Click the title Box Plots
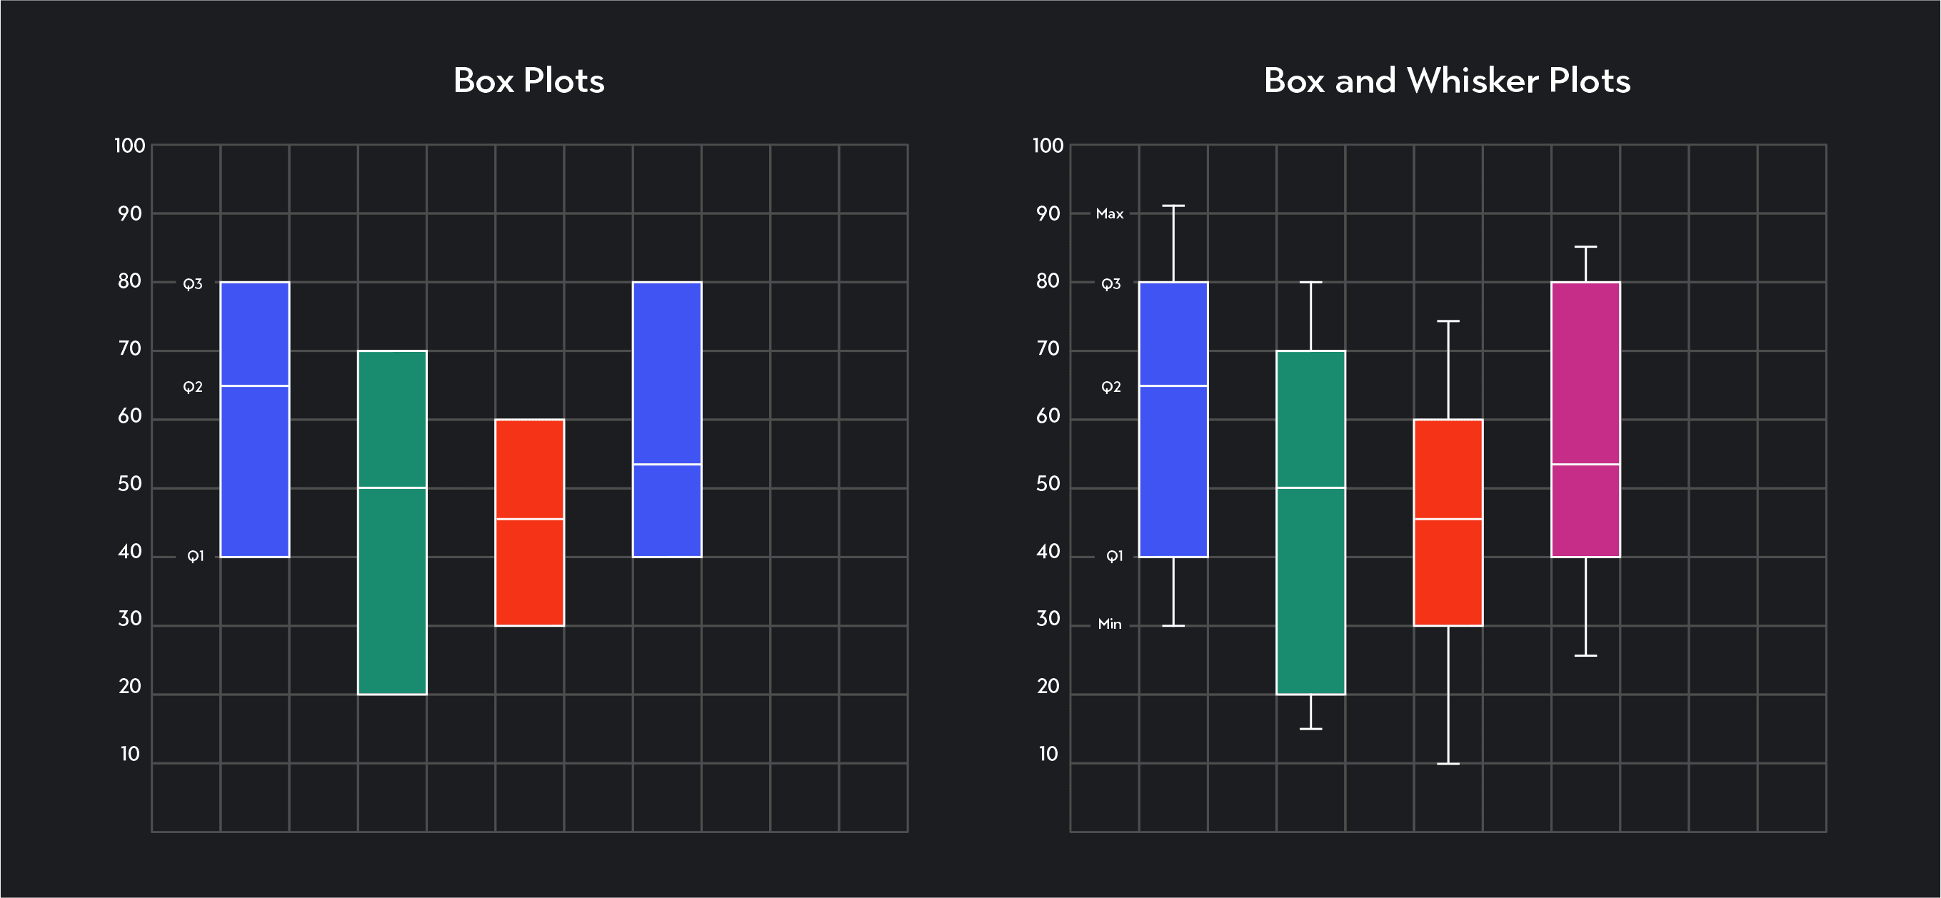[x=528, y=81]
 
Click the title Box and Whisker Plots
[x=1447, y=81]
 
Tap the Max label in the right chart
[x=1109, y=214]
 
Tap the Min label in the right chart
[x=1109, y=624]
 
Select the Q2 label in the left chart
[x=193, y=387]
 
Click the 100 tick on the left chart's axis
[x=129, y=146]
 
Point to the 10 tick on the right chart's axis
[x=1048, y=754]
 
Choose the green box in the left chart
[x=392, y=587]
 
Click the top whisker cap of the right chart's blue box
[x=1173, y=206]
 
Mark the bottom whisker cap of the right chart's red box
[x=1448, y=764]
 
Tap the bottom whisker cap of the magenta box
[x=1585, y=655]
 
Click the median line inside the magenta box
[x=1585, y=464]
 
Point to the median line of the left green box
[x=392, y=488]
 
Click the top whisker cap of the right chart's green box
[x=1310, y=283]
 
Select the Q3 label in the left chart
[x=193, y=284]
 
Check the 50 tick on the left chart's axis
[x=129, y=484]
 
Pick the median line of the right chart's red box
[x=1448, y=519]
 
